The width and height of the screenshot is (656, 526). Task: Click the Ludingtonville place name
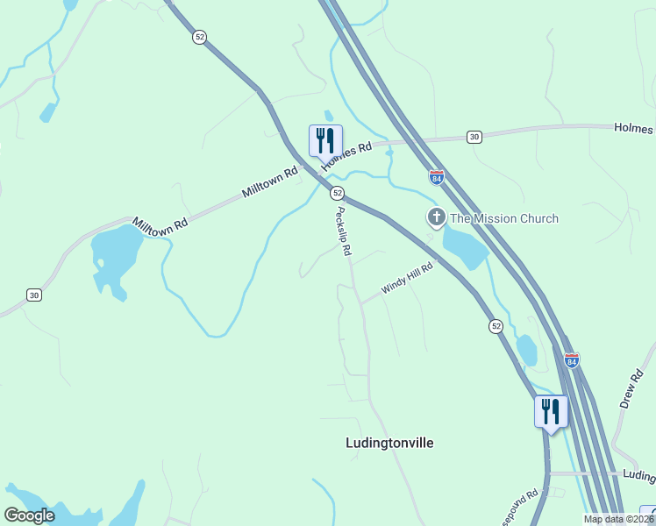390,443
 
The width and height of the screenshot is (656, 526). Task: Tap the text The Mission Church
503,218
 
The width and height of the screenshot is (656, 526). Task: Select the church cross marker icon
436,217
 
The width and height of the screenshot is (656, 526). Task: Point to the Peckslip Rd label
344,231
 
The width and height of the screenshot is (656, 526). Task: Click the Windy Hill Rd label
407,279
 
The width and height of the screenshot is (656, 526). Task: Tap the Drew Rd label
631,388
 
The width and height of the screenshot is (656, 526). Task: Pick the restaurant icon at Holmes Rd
325,140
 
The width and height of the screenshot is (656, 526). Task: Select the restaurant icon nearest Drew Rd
551,411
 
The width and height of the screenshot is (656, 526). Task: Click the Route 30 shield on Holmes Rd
474,137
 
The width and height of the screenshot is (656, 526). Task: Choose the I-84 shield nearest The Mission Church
436,177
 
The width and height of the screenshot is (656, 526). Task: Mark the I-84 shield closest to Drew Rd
572,360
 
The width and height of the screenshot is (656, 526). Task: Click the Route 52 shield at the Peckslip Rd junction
337,193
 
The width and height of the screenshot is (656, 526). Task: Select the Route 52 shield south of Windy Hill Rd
496,326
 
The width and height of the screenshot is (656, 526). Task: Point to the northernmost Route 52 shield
200,37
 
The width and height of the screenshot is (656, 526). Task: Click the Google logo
30,515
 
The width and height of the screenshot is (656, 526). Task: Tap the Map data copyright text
618,519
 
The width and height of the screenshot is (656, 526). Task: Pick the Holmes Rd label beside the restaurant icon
346,156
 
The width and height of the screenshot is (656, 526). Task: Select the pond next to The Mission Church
464,248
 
